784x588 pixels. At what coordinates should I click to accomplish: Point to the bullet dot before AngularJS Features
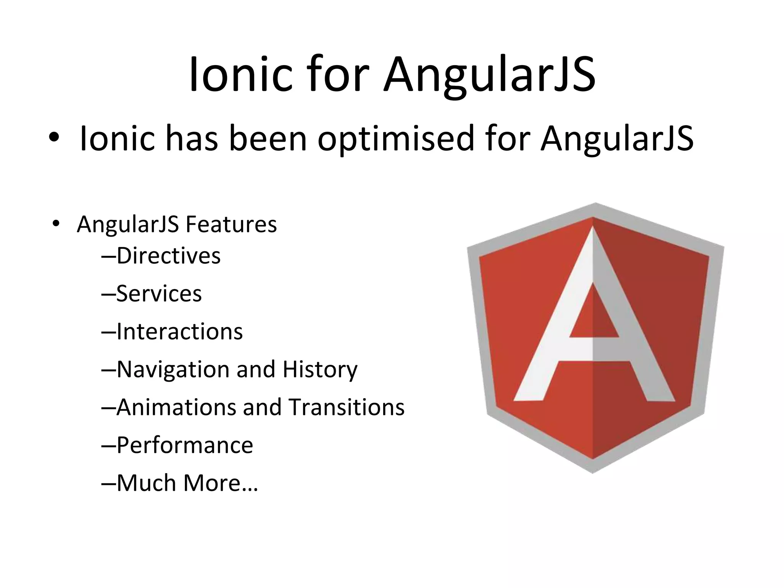click(x=56, y=224)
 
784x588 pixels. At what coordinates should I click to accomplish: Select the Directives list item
click(x=168, y=256)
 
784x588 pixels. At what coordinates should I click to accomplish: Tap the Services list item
click(x=159, y=294)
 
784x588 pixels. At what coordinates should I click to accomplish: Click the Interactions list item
click(x=179, y=332)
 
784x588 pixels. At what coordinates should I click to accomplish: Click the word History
click(x=320, y=370)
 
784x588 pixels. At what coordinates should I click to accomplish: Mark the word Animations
click(x=176, y=407)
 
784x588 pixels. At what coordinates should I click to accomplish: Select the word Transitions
click(x=346, y=407)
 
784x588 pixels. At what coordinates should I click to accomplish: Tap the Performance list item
click(x=185, y=445)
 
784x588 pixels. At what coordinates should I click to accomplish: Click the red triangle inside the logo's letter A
click(x=593, y=318)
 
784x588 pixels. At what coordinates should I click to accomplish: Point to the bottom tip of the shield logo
click(x=593, y=472)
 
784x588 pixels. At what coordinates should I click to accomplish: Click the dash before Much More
click(x=109, y=484)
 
